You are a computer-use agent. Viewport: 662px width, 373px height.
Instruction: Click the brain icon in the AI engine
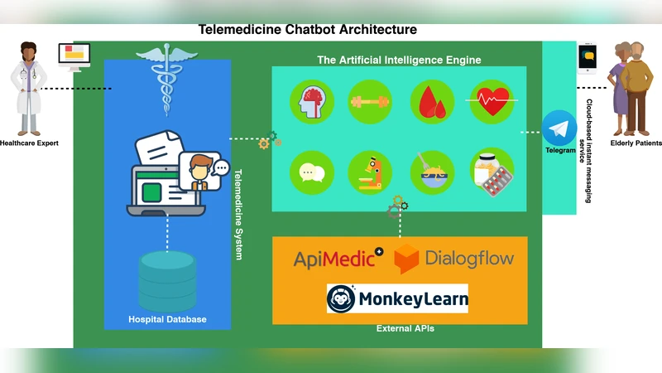point(310,103)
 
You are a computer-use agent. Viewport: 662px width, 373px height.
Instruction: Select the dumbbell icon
point(370,103)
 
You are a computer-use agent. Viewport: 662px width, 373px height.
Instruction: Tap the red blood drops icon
point(431,103)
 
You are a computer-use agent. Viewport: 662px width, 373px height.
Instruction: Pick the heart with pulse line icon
point(492,103)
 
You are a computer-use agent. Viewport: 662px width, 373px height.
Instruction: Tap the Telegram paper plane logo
point(560,128)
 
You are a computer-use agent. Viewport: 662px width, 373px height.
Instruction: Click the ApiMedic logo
point(338,259)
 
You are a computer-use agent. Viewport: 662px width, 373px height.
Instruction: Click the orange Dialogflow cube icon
point(407,259)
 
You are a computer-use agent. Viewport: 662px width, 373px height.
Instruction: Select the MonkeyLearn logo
point(397,298)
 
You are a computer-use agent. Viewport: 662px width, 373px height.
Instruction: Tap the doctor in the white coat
point(29,90)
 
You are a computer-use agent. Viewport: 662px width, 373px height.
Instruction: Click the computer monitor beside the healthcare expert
point(74,56)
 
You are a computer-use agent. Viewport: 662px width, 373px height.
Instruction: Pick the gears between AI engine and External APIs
point(396,206)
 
